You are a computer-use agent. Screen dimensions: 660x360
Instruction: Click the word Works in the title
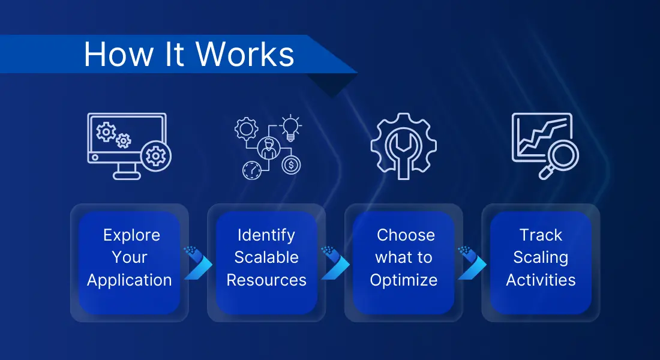tap(245, 55)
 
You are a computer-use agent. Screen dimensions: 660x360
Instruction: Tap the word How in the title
tap(119, 55)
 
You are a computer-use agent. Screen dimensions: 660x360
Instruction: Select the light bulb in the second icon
tap(290, 128)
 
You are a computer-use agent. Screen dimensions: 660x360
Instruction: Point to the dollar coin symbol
tap(291, 164)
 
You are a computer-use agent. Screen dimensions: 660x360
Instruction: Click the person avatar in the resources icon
tap(269, 148)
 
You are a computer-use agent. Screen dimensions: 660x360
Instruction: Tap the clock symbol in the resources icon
tap(252, 170)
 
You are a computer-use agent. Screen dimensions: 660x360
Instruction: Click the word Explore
tap(132, 235)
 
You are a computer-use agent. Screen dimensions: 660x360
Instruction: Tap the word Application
tap(129, 280)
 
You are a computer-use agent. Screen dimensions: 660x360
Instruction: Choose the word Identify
tap(266, 235)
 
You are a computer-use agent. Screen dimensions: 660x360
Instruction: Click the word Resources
tap(266, 280)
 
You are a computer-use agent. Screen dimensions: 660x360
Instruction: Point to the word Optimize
tap(404, 280)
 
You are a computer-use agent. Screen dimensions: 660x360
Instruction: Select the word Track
tap(541, 235)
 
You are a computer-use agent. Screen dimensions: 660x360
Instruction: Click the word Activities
tap(541, 280)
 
